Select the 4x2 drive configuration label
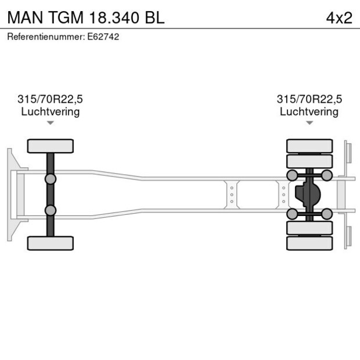pos(339,17)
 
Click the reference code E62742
pos(105,37)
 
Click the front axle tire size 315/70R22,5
pos(51,99)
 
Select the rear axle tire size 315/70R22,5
pos(309,99)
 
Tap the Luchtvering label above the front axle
pos(51,111)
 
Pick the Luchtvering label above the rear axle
pos(309,111)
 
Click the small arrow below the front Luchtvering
pos(51,123)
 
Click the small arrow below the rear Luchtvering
pos(309,123)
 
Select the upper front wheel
pos(51,146)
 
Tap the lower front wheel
pos(51,243)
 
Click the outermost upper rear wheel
pos(309,145)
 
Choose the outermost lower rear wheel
pos(309,243)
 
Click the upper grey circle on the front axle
pos(51,178)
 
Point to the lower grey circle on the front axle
pos(51,210)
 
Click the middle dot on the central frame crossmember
pos(232,195)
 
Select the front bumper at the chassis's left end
pos(10,195)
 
